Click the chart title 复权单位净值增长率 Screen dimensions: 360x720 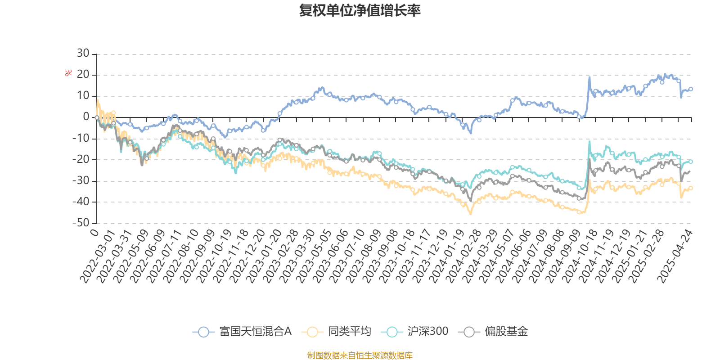click(x=360, y=10)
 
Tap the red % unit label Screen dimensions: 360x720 click(x=68, y=73)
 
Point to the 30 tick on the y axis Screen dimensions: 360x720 click(x=83, y=54)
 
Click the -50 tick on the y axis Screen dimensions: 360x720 click(x=81, y=223)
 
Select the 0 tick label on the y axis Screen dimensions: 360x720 click(x=86, y=117)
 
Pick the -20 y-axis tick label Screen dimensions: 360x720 click(x=81, y=159)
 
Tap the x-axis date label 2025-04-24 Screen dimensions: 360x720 click(x=675, y=256)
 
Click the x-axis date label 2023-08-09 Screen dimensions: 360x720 click(x=364, y=256)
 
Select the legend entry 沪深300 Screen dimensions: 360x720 click(x=415, y=332)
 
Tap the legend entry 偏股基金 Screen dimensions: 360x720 click(x=494, y=332)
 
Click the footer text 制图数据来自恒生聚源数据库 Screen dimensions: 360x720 click(x=360, y=355)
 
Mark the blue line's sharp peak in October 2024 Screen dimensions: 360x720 click(x=589, y=77)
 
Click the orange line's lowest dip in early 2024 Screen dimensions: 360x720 click(x=471, y=214)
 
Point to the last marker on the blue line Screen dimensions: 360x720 click(x=691, y=89)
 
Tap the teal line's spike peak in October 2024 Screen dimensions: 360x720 click(x=589, y=141)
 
